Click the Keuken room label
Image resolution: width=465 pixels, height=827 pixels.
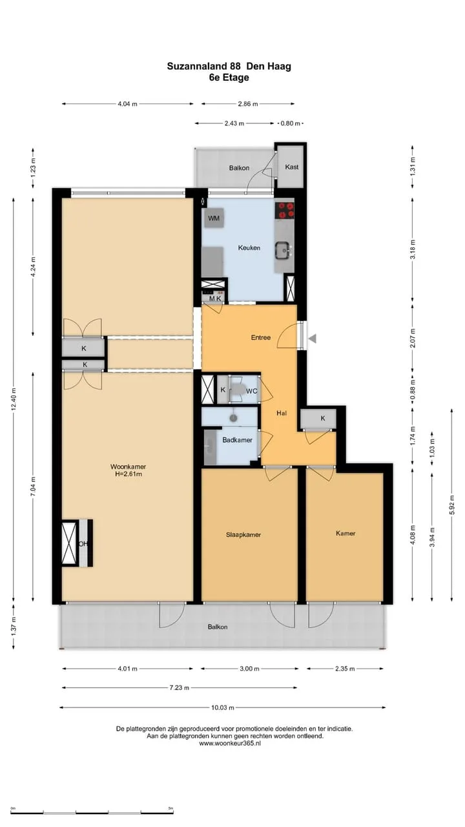click(249, 247)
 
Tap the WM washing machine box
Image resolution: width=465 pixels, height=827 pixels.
click(214, 218)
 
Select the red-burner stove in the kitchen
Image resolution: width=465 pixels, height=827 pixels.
click(285, 211)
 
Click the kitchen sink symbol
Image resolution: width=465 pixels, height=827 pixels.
click(284, 251)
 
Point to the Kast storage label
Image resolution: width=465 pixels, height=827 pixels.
click(291, 167)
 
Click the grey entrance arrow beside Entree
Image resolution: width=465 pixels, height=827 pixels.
click(312, 338)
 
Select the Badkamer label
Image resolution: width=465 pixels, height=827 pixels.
click(237, 440)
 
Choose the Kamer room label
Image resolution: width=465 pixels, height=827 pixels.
click(346, 533)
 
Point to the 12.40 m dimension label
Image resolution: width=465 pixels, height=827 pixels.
click(14, 399)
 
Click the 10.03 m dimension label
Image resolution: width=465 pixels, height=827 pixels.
click(223, 707)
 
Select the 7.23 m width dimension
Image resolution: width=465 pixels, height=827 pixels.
click(180, 687)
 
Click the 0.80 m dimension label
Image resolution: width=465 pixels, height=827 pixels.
click(291, 123)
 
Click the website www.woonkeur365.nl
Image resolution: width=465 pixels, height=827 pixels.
click(230, 744)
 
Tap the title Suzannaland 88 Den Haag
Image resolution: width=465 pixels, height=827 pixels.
click(229, 66)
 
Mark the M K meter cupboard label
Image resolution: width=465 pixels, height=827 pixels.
click(215, 298)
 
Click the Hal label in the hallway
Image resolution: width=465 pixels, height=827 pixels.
click(282, 413)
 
